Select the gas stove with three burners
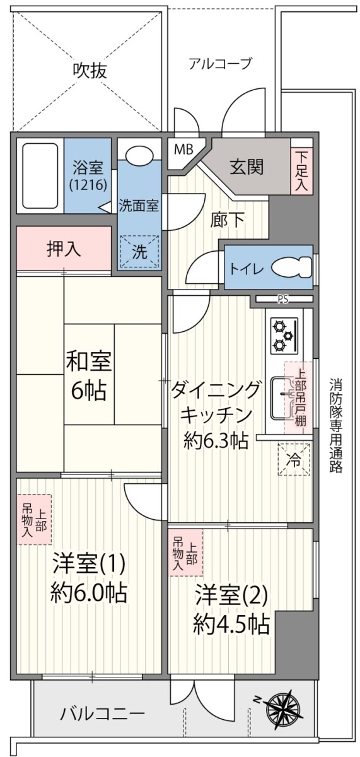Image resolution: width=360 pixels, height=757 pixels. click(x=283, y=336)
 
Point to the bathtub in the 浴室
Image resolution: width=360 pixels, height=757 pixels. click(x=40, y=176)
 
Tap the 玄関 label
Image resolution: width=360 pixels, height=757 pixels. click(x=247, y=167)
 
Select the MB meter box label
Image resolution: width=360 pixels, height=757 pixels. click(x=183, y=149)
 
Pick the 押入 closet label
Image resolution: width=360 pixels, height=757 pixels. click(x=64, y=249)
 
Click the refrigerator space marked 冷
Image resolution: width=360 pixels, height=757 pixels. click(x=293, y=460)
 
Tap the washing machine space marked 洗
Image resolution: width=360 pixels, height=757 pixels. click(x=139, y=252)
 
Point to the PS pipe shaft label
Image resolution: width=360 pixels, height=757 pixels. click(x=284, y=299)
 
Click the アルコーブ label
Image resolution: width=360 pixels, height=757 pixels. click(x=221, y=63)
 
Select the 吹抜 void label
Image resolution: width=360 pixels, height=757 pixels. click(x=90, y=71)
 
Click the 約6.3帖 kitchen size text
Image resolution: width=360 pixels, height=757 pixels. click(x=216, y=441)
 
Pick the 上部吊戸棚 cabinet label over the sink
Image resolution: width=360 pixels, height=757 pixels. click(x=296, y=397)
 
